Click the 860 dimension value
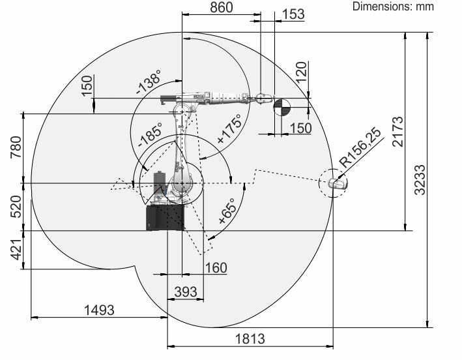[x=222, y=7]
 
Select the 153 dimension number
[x=293, y=14]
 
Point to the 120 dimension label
[x=301, y=72]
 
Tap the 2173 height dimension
[x=397, y=132]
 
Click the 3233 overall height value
[x=420, y=180]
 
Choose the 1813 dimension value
[x=250, y=338]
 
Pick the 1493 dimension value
[x=99, y=310]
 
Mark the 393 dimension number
[x=186, y=292]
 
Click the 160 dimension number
[x=216, y=267]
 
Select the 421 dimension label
[x=16, y=249]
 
